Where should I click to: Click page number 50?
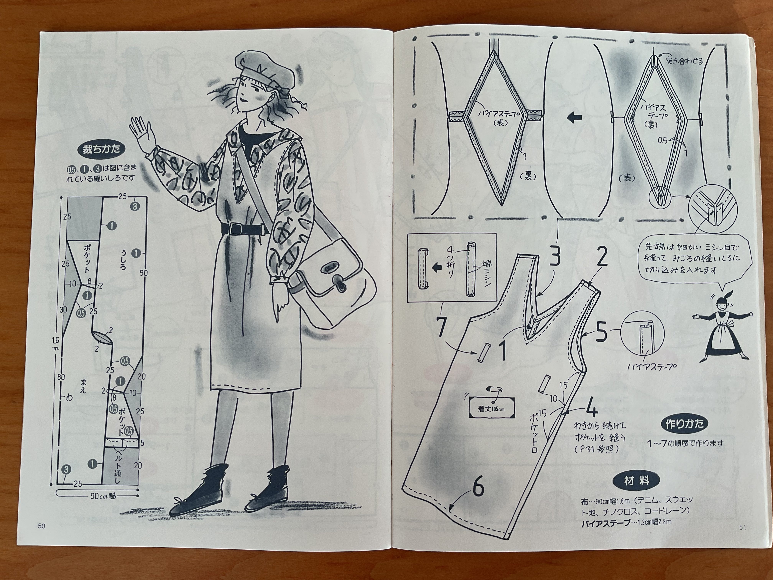pyautogui.click(x=42, y=526)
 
